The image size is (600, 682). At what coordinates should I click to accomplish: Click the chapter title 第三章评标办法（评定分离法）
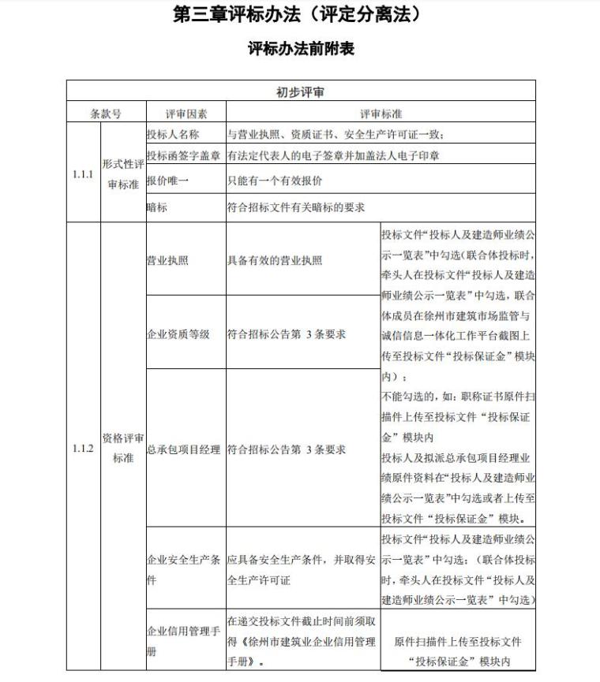(x=300, y=16)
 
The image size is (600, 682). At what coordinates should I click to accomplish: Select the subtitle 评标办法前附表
(x=300, y=49)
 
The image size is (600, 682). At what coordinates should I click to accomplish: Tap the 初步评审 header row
(x=300, y=91)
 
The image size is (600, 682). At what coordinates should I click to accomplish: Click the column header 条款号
(x=106, y=114)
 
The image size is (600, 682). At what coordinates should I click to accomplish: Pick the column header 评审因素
(x=186, y=114)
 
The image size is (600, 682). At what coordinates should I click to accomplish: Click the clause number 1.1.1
(x=82, y=173)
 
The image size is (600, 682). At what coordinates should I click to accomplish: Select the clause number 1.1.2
(x=82, y=449)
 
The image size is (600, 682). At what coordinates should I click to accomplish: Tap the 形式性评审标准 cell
(x=123, y=173)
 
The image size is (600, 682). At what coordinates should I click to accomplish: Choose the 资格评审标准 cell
(x=123, y=448)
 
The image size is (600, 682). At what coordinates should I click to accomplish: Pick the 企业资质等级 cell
(x=178, y=334)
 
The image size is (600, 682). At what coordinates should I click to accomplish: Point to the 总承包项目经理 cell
(x=183, y=449)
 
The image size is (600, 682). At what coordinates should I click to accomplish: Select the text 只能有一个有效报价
(x=275, y=181)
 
